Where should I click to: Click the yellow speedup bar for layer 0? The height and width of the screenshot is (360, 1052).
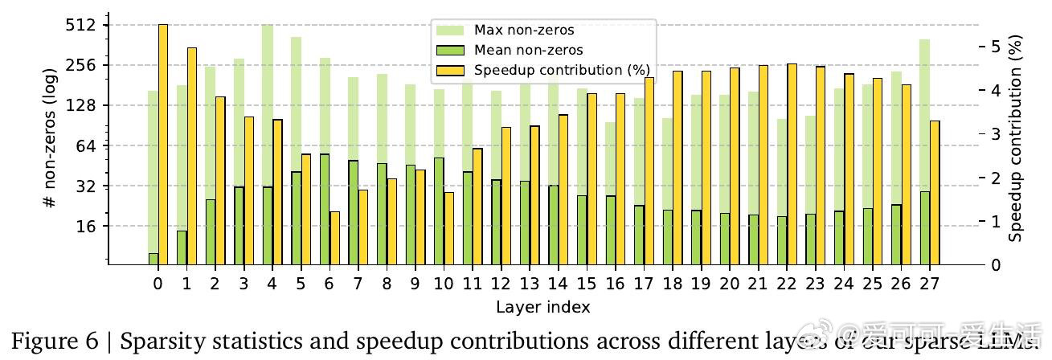coord(163,145)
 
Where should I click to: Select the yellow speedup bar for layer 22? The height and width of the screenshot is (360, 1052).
coord(792,164)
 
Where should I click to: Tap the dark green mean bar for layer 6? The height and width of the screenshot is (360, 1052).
coord(325,209)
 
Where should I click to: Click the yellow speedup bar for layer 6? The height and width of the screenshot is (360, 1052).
coord(334,238)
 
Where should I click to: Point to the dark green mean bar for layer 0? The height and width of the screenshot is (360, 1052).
coord(154,259)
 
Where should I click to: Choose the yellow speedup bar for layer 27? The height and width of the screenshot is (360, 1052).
coord(935,193)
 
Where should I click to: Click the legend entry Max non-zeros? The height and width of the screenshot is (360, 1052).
coord(523,31)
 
